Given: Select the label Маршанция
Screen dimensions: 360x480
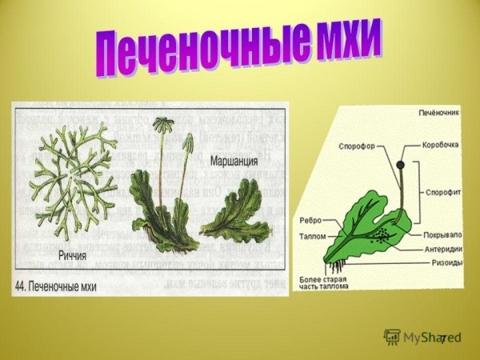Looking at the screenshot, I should [x=234, y=161].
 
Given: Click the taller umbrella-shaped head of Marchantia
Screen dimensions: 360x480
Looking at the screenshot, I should [x=167, y=126].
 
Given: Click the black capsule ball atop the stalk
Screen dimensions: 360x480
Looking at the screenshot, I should [x=400, y=165].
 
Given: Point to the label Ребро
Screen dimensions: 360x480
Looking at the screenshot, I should [x=310, y=220].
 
